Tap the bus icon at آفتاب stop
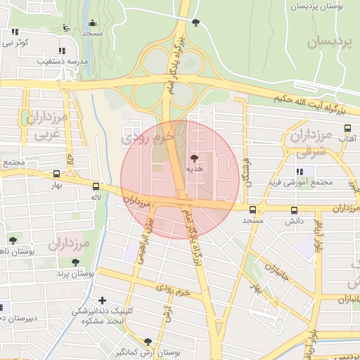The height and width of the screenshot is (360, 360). coord(347,129)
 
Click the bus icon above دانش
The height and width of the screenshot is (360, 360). coord(293,210)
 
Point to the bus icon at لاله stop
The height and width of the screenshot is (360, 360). coord(96,186)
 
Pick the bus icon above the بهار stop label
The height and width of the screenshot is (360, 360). coord(56,174)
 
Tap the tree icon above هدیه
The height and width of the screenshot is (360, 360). coord(194,157)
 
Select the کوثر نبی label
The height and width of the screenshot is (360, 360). coord(16,43)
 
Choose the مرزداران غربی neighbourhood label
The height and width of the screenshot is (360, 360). coord(48,125)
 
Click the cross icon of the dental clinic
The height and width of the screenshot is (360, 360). coord(103,300)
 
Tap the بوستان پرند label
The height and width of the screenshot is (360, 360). coord(75,273)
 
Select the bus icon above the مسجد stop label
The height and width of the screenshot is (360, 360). coord(253,210)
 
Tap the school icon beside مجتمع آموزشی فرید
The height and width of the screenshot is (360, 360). coord(300,171)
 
